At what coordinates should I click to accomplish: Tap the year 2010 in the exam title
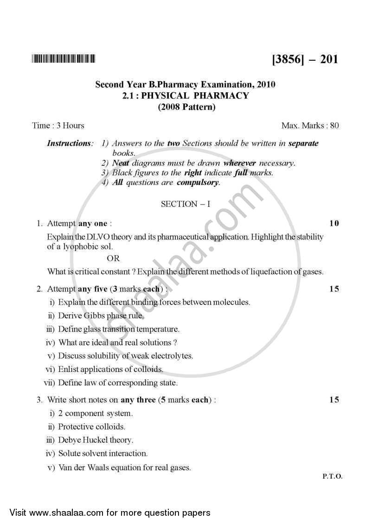265,85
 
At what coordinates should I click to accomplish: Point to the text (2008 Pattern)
185,107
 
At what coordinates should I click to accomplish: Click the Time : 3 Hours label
58,126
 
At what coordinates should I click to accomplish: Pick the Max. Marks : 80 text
310,126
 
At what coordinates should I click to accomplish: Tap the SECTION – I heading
185,204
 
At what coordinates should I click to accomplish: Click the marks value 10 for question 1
334,224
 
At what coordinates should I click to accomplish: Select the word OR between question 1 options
113,259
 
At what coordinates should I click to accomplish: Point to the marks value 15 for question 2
334,289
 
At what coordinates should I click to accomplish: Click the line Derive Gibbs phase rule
101,316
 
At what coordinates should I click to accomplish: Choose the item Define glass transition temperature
118,329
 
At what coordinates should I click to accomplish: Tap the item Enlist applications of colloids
110,370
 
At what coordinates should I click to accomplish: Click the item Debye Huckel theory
95,440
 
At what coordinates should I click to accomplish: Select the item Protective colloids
91,426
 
